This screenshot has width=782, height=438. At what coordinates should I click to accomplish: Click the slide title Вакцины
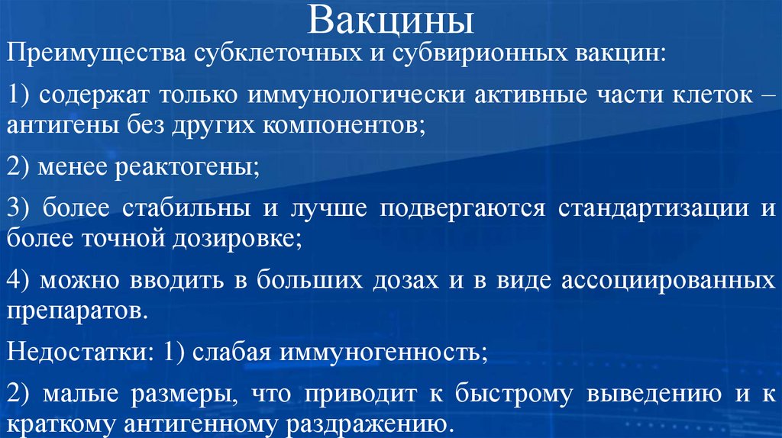[x=390, y=21]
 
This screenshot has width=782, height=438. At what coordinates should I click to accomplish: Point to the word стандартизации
[x=649, y=208]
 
